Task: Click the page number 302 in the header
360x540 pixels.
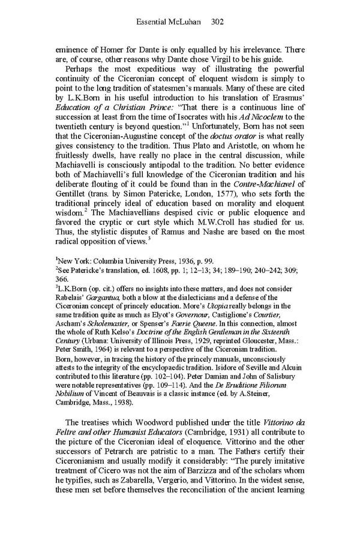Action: [x=218, y=22]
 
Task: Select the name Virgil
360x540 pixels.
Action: [x=242, y=61]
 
